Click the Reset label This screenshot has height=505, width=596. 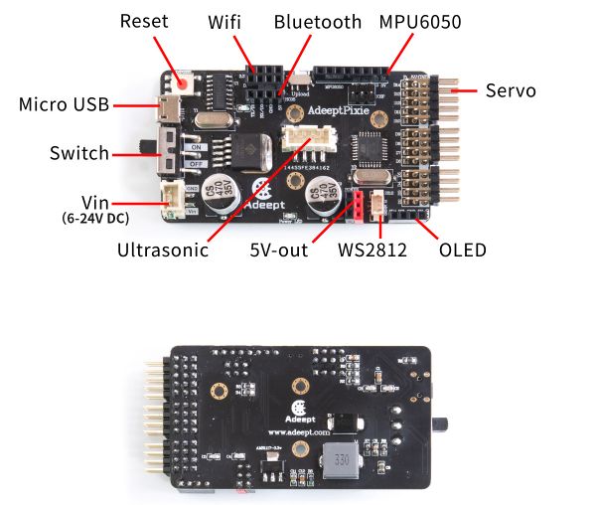coord(144,21)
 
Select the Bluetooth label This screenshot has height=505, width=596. coord(318,21)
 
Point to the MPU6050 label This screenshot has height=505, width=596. coord(420,21)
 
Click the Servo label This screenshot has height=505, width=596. coord(511,90)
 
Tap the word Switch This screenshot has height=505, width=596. coord(79,153)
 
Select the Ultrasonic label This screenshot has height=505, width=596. coord(163,250)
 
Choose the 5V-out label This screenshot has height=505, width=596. coord(278,250)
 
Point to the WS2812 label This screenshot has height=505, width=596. coord(372,250)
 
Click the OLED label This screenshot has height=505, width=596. coord(462,250)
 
